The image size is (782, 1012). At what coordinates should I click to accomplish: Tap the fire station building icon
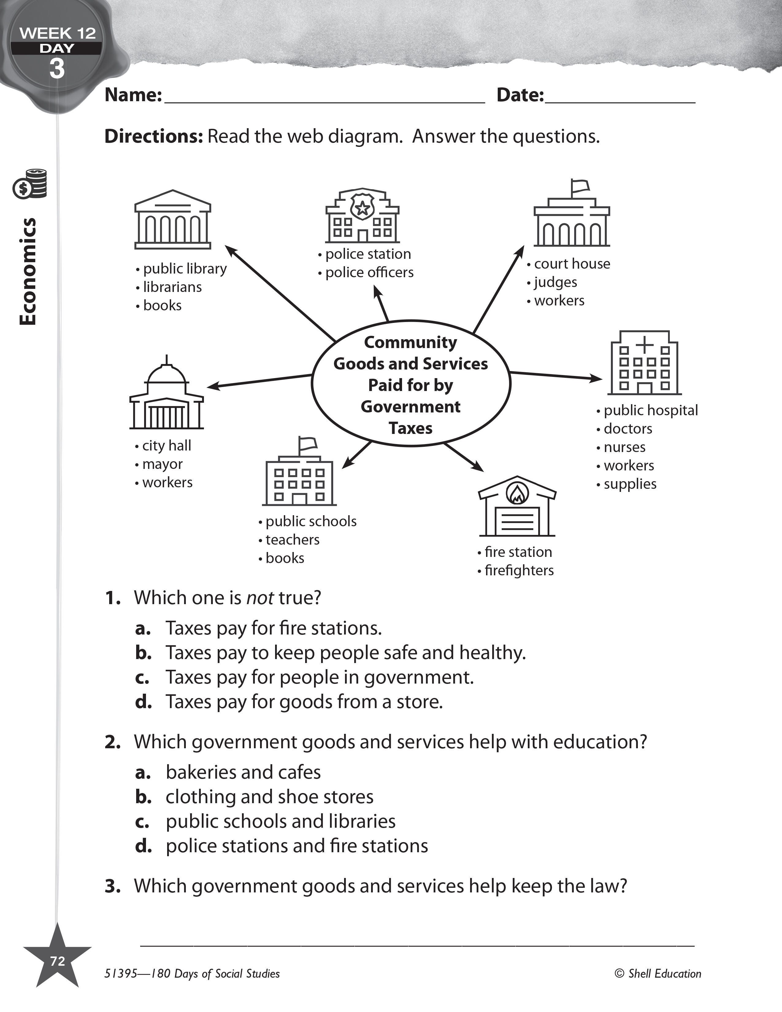click(x=517, y=507)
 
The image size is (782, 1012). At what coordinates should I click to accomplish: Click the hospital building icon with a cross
click(x=644, y=363)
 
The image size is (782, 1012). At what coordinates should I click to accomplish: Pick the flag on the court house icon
click(x=580, y=186)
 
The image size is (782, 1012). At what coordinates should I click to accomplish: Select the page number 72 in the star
click(x=57, y=961)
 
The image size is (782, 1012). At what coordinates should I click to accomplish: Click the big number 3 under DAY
click(x=56, y=69)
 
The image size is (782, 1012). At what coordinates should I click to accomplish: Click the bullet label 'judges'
click(x=555, y=282)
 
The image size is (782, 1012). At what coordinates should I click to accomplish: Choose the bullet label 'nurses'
click(x=624, y=447)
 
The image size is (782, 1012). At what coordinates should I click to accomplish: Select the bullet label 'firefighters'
click(x=519, y=570)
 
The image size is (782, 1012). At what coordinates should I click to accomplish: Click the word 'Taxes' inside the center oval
click(x=410, y=428)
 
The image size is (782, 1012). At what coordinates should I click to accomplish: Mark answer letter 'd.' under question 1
click(x=143, y=702)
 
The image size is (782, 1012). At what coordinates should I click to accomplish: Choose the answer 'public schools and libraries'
click(x=280, y=821)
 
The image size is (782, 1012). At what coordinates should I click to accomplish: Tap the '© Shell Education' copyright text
click(x=658, y=974)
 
